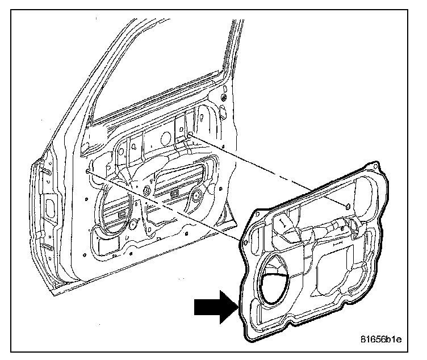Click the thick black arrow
click(215, 308)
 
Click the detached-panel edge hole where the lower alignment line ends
click(245, 242)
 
